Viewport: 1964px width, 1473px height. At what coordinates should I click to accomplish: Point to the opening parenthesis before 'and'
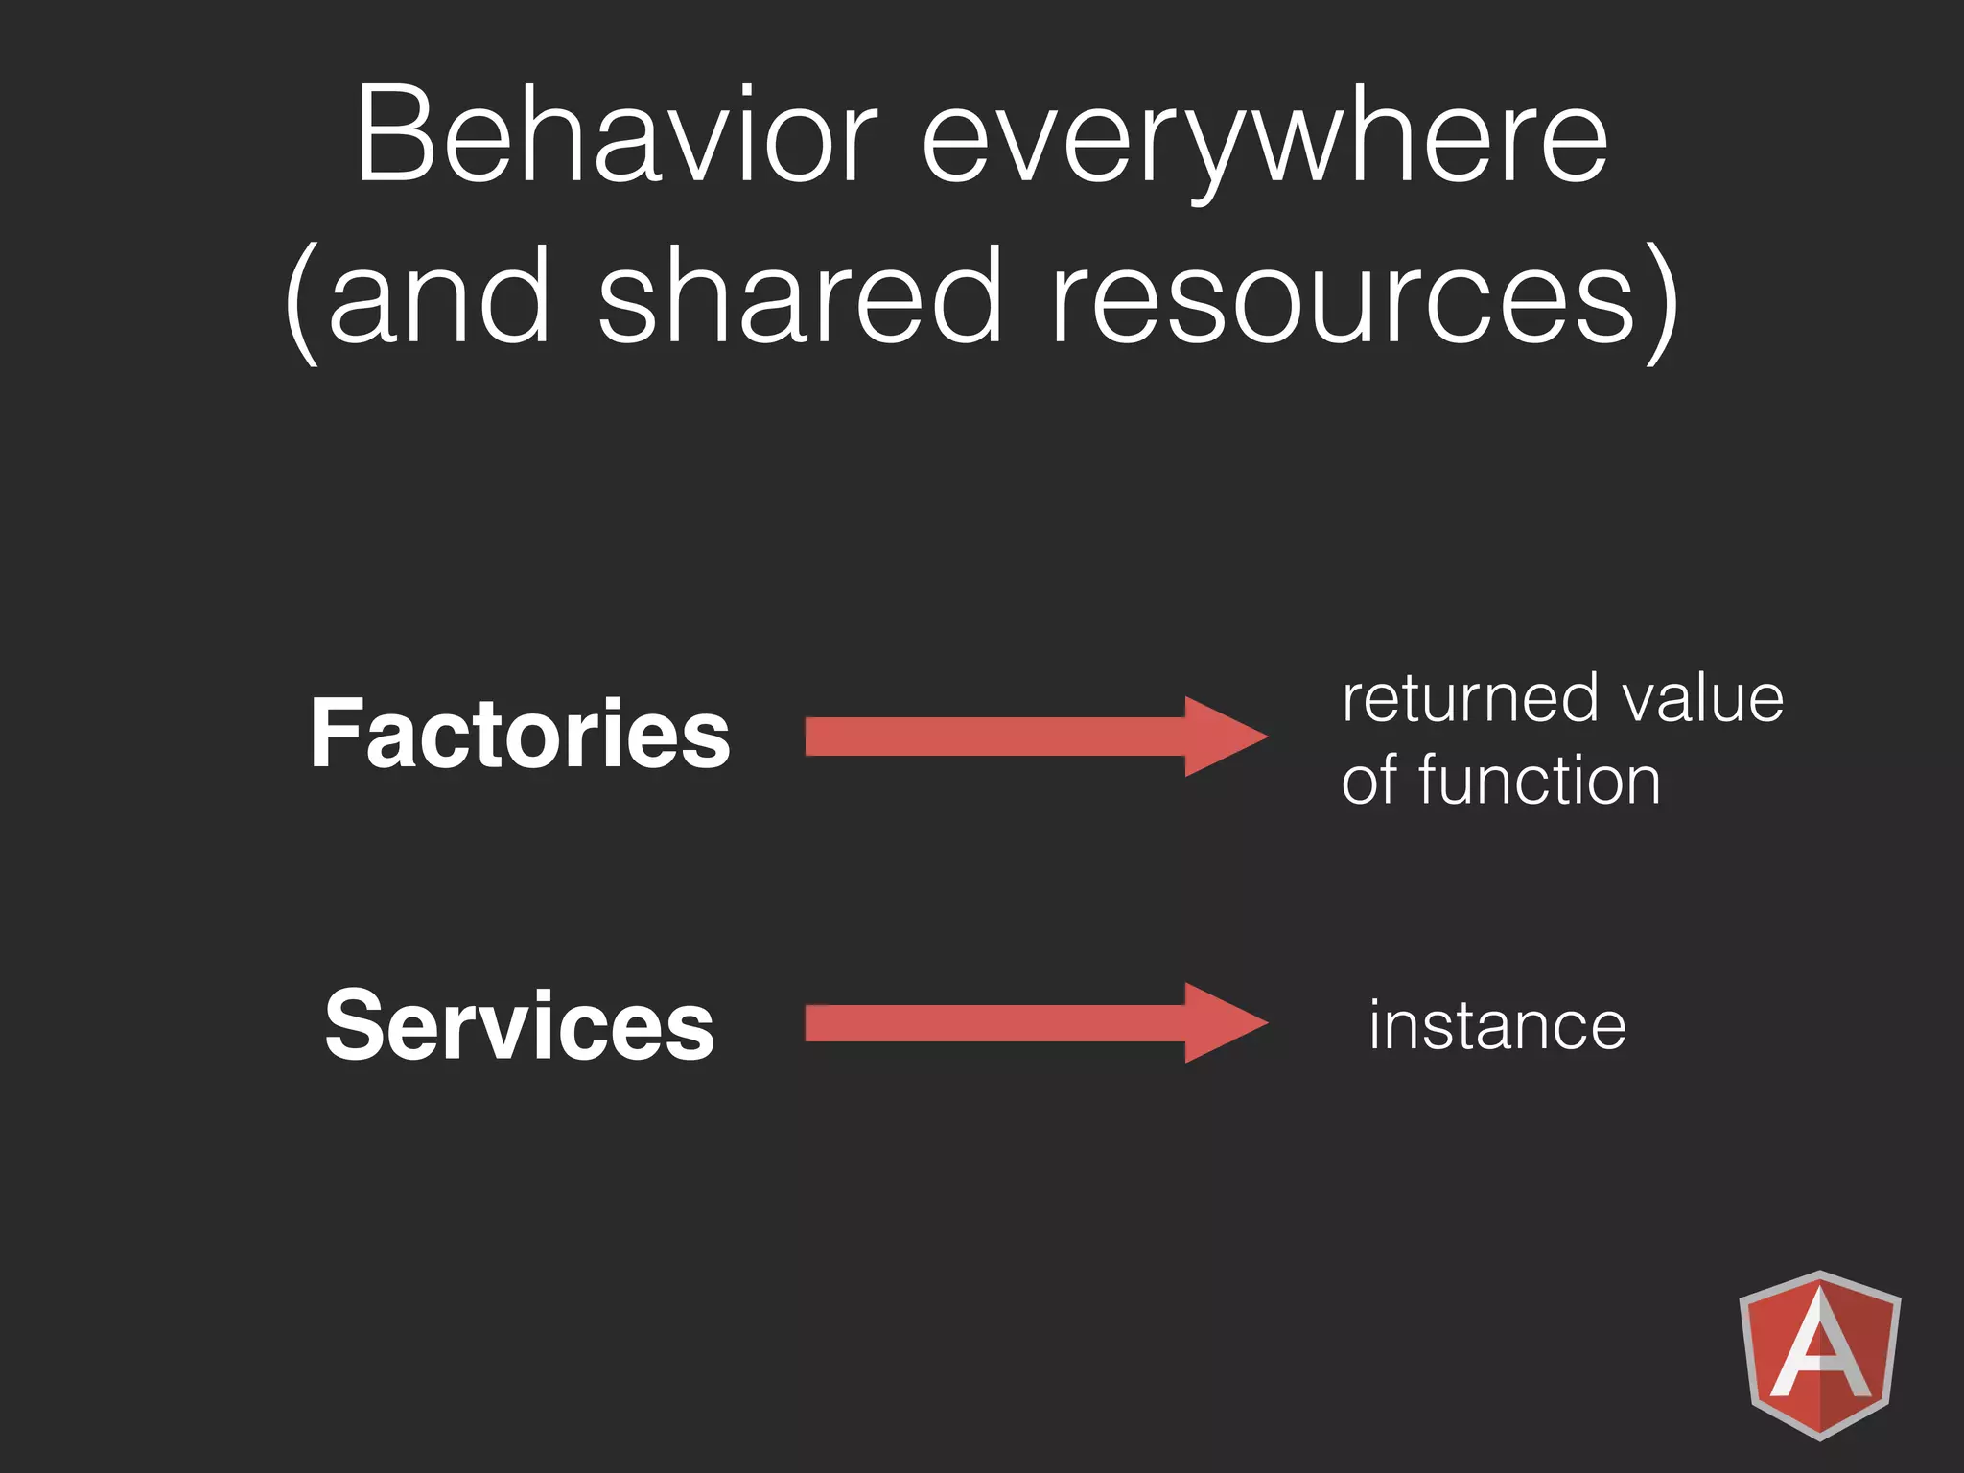pos(301,302)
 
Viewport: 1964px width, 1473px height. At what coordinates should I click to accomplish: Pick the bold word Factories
pos(520,734)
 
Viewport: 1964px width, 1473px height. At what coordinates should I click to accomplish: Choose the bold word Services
pos(520,1025)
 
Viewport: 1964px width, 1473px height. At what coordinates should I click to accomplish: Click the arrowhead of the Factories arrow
pos(1224,736)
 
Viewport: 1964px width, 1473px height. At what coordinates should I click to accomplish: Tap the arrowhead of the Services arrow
pos(1224,1023)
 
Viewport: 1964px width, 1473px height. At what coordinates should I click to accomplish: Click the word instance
pos(1497,1025)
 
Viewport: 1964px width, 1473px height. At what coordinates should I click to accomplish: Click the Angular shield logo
pos(1819,1354)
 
